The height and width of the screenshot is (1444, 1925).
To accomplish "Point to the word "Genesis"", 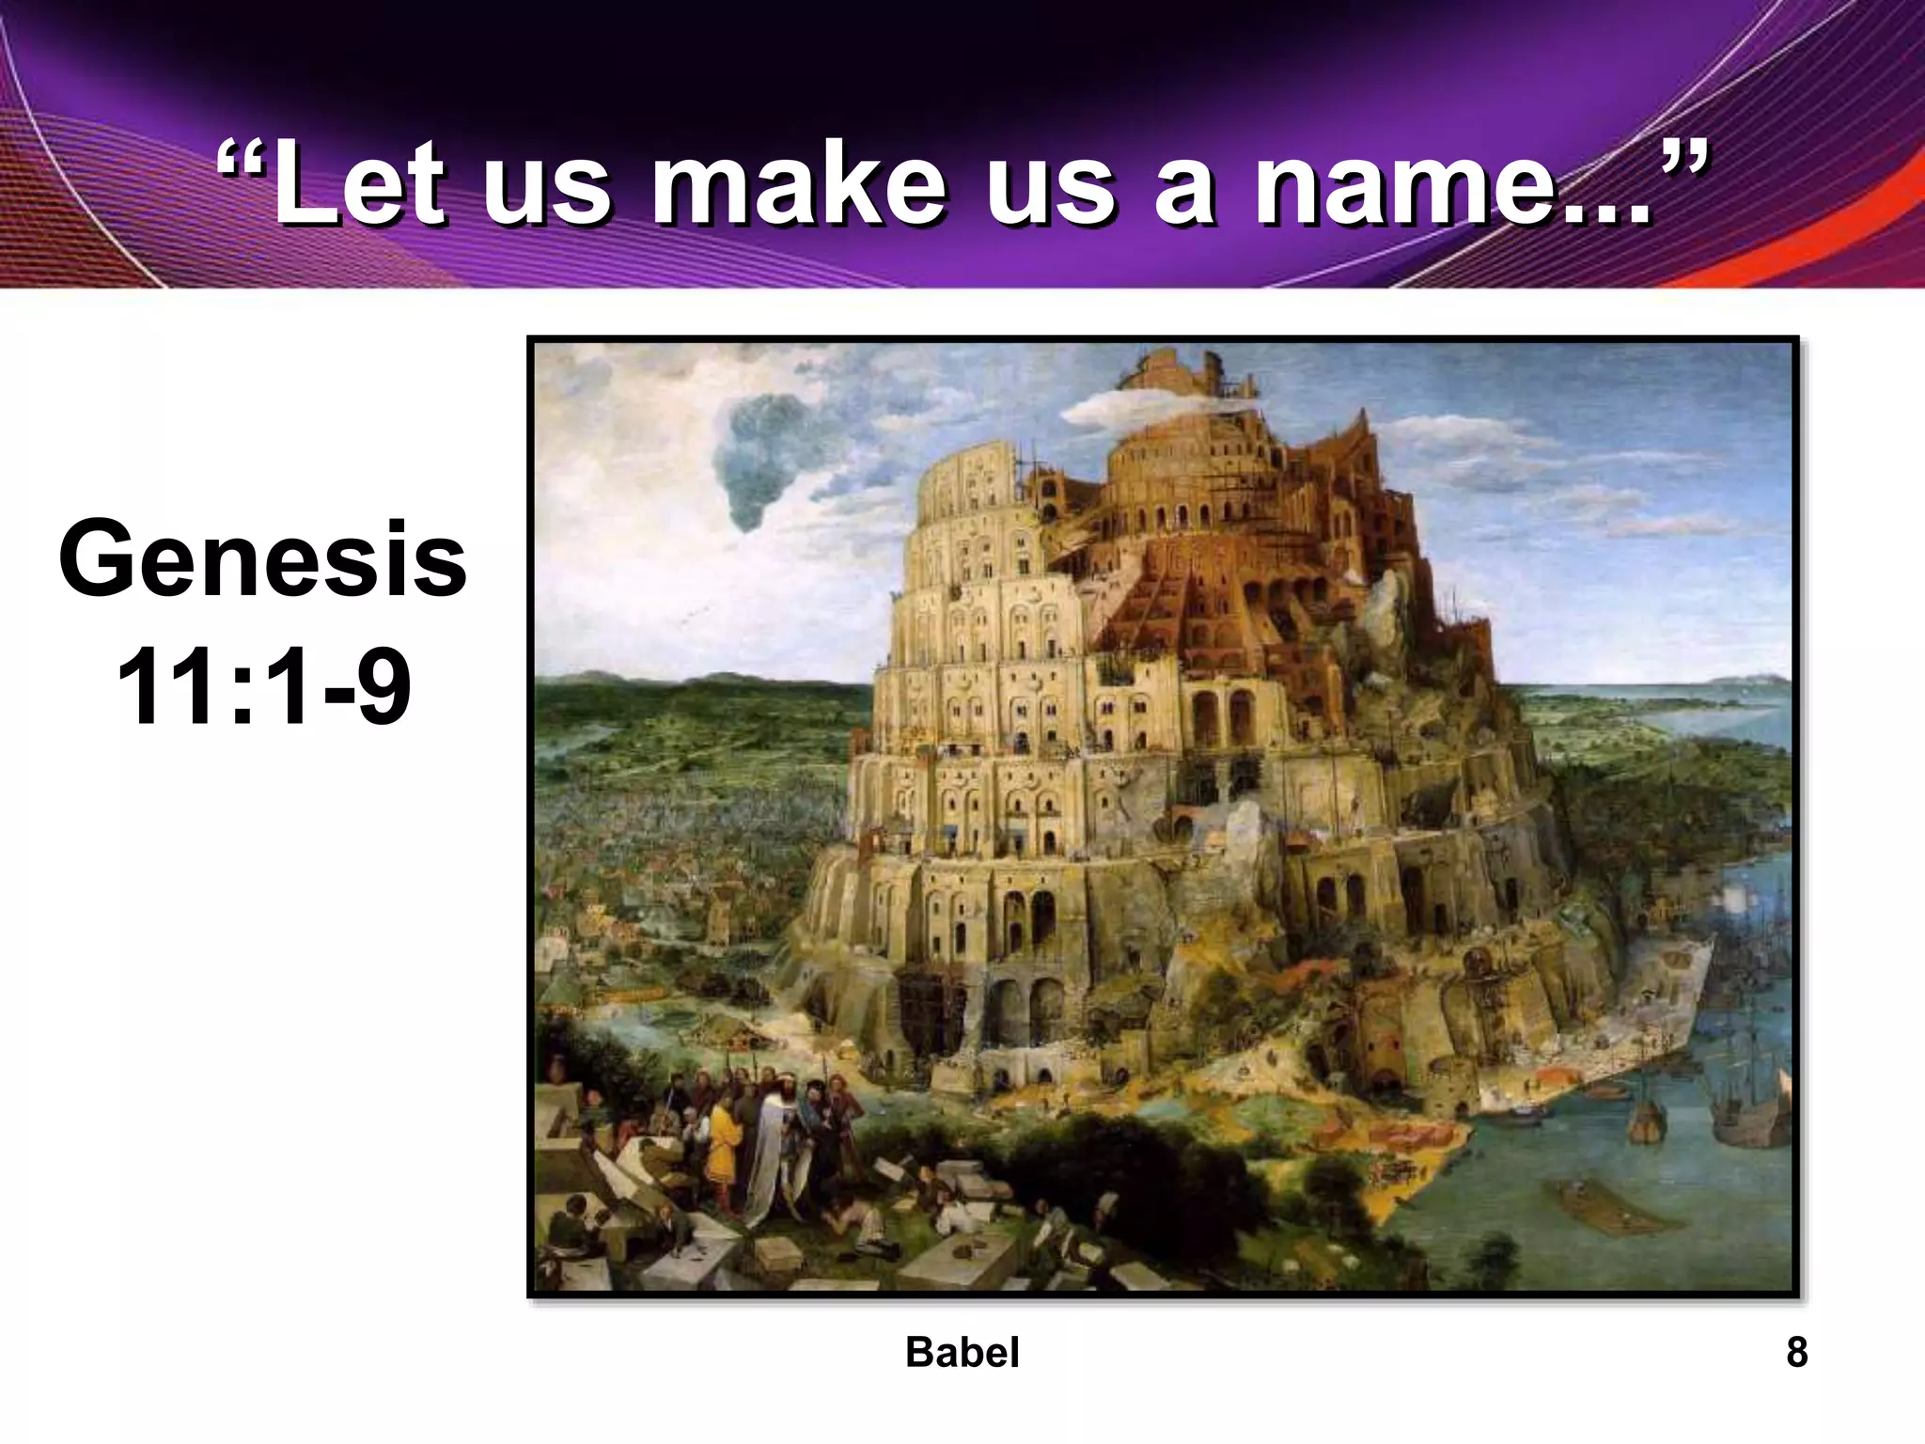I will click(x=262, y=562).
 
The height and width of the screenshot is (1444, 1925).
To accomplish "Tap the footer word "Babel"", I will click(x=962, y=1352).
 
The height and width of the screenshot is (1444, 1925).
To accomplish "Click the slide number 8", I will click(x=1796, y=1352).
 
